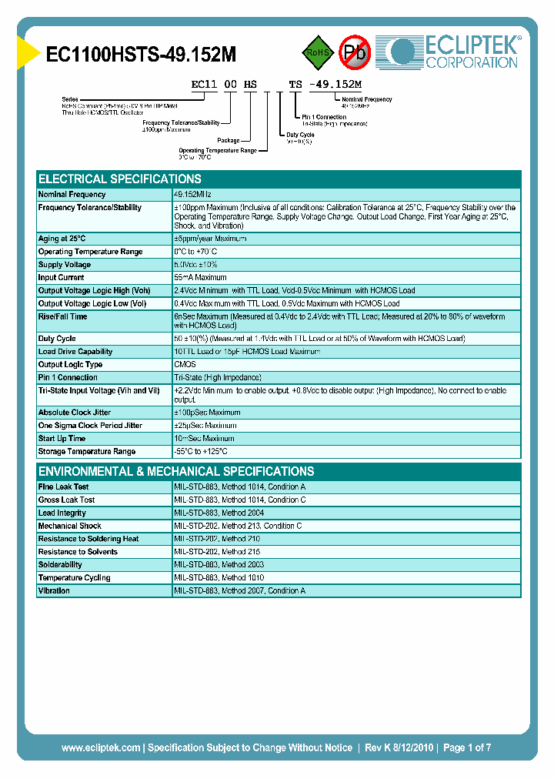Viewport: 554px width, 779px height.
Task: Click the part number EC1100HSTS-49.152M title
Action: pos(141,55)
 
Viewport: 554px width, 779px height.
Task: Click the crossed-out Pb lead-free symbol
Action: pos(355,52)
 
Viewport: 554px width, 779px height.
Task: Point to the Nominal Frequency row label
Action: pos(72,195)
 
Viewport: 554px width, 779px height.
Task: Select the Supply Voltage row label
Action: pos(65,265)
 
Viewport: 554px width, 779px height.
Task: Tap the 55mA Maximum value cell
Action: pos(200,278)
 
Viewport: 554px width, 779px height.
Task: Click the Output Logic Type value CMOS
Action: pos(185,365)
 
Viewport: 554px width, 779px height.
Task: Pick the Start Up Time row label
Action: pos(62,439)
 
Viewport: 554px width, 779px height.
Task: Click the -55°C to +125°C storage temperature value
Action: pos(201,452)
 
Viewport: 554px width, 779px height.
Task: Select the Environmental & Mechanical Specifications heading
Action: pos(176,471)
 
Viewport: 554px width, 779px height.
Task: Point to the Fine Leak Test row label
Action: pos(63,487)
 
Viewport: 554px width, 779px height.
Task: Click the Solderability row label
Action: pos(60,565)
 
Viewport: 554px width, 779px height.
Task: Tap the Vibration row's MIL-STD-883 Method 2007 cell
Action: pos(239,591)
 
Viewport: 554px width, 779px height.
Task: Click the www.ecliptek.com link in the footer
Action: pos(101,747)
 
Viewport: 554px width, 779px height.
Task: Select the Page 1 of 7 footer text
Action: pos(467,747)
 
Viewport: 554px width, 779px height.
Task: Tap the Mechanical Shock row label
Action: pos(69,527)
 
